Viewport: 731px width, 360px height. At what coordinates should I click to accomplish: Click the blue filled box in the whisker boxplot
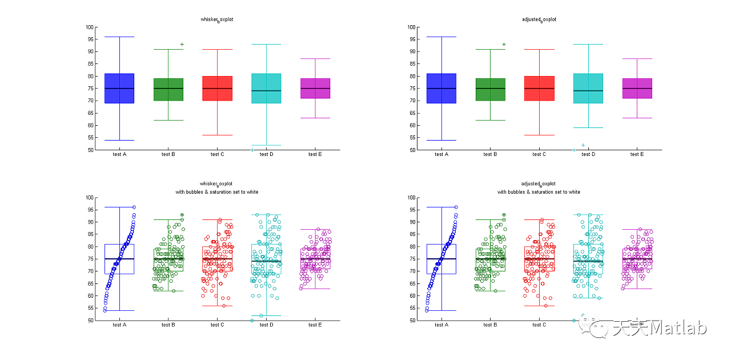[119, 89]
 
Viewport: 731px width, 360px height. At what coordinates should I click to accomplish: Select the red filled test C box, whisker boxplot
[217, 89]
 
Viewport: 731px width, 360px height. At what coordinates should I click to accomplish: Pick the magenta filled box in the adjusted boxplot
[637, 89]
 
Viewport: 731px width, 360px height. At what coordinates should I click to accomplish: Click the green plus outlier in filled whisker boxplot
[182, 45]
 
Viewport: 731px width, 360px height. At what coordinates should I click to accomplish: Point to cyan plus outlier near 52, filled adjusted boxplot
[583, 145]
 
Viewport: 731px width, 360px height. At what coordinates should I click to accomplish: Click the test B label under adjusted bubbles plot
[490, 325]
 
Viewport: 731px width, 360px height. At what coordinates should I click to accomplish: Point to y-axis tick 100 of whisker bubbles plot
[90, 198]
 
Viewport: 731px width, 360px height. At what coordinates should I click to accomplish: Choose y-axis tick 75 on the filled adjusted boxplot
[412, 89]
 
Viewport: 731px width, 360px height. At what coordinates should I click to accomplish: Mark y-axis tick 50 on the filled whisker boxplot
[91, 150]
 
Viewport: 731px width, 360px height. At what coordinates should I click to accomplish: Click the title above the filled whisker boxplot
[217, 19]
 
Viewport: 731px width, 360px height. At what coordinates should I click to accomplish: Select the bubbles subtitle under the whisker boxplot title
[217, 192]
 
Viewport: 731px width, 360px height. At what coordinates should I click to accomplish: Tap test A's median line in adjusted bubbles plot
[441, 259]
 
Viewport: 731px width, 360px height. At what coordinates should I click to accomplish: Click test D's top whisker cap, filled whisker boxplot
[266, 45]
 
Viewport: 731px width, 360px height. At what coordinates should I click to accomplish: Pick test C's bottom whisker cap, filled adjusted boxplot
[539, 135]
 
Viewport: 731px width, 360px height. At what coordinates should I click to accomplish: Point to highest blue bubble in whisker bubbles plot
[134, 207]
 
